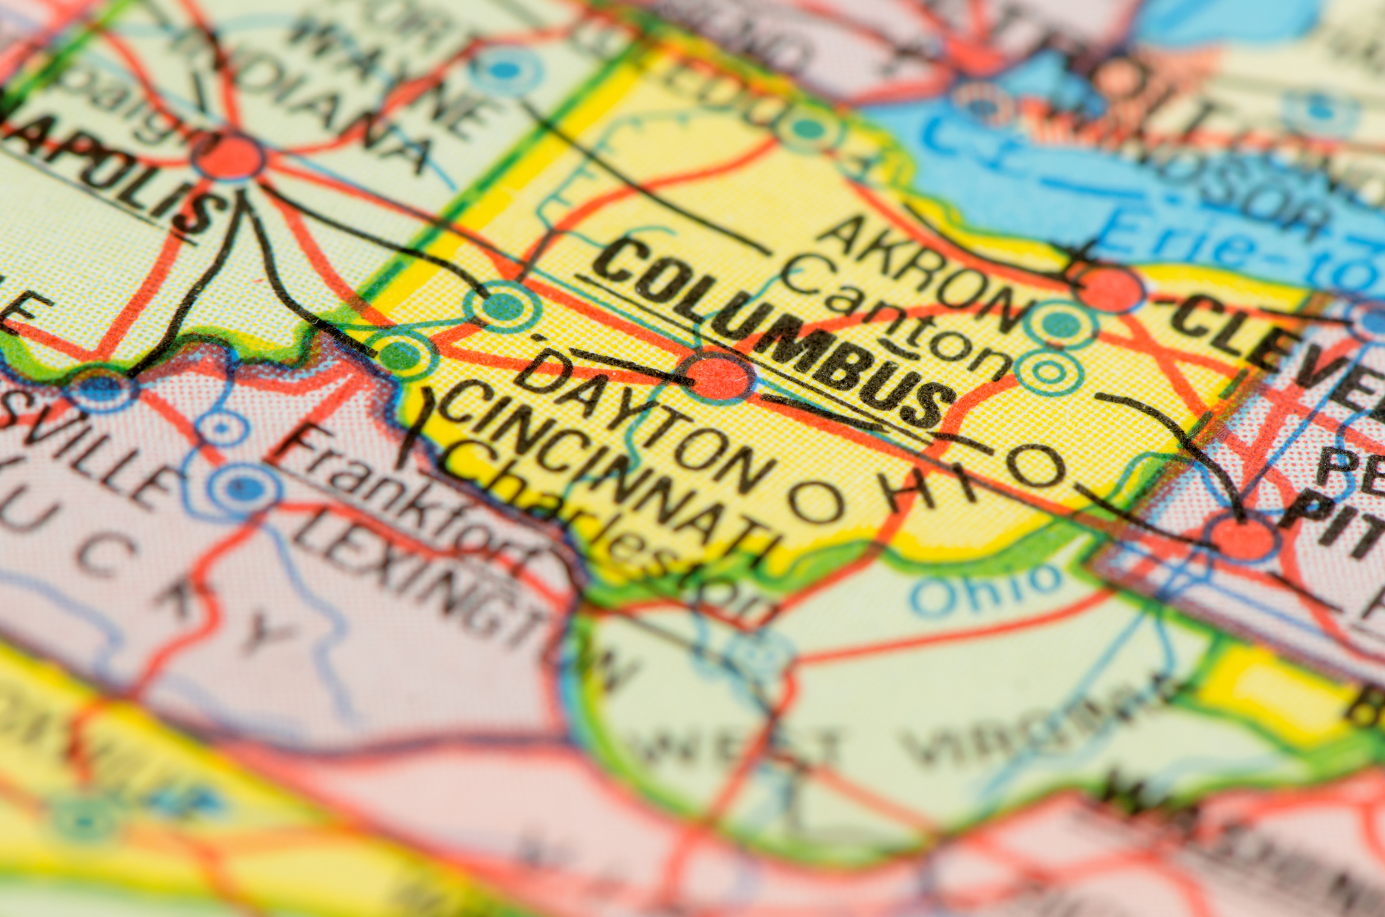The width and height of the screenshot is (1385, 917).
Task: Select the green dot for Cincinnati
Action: click(400, 355)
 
